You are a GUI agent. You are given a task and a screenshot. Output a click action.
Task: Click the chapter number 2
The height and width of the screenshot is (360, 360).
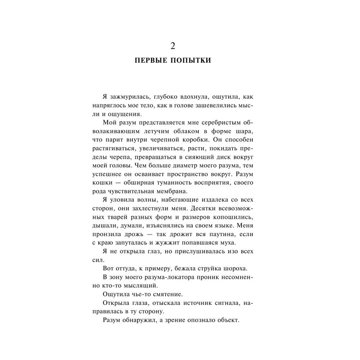[x=172, y=46]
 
